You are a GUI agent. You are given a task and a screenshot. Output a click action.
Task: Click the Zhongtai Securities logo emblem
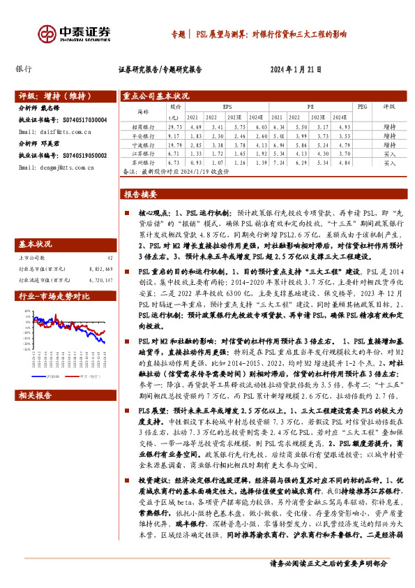(47, 33)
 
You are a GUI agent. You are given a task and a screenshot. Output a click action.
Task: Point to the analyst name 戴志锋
(60, 108)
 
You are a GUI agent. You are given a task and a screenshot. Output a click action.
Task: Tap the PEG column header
(361, 107)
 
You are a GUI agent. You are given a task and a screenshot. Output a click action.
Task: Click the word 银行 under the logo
(24, 69)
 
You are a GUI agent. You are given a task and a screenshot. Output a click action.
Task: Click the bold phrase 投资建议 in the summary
(154, 500)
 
